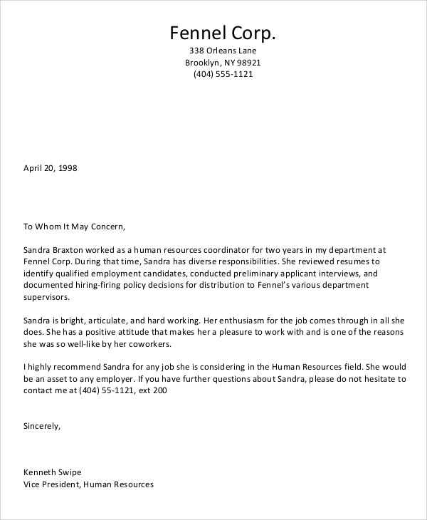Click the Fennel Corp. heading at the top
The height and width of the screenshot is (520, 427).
tap(222, 33)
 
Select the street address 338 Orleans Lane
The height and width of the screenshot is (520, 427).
tap(222, 51)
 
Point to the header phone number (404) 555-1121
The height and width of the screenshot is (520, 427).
tap(223, 75)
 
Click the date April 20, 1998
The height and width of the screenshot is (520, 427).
tap(50, 169)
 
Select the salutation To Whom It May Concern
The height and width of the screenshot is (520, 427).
tap(74, 227)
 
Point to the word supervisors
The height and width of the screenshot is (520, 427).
tap(47, 296)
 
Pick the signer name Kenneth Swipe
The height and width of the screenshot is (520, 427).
tap(53, 472)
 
